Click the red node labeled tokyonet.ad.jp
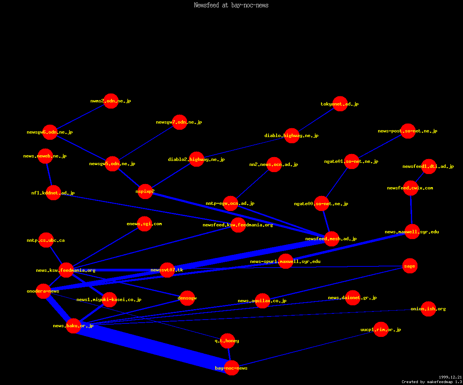pyautogui.click(x=340, y=104)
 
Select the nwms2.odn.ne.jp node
pyautogui.click(x=111, y=101)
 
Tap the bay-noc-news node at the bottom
pyautogui.click(x=231, y=368)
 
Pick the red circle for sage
pyautogui.click(x=409, y=266)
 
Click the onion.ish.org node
pyautogui.click(x=428, y=309)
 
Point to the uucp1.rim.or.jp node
pyautogui.click(x=381, y=330)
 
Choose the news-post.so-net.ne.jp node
pyautogui.click(x=408, y=131)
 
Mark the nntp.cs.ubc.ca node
pyautogui.click(x=46, y=240)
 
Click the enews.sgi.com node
pyautogui.click(x=144, y=224)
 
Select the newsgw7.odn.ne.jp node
pyautogui.click(x=179, y=122)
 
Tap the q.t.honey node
pyautogui.click(x=227, y=341)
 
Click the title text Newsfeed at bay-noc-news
pyautogui.click(x=231, y=5)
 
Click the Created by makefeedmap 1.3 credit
pyautogui.click(x=432, y=382)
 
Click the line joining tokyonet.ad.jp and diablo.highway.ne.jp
pyautogui.click(x=316, y=120)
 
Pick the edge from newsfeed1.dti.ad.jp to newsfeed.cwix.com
pyautogui.click(x=420, y=177)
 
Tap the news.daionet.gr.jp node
pyautogui.click(x=353, y=298)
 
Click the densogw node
pyautogui.click(x=187, y=298)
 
